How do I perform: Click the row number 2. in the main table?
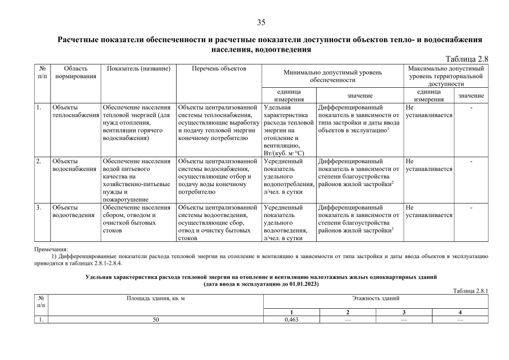coord(39,161)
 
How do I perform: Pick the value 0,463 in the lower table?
coord(291,319)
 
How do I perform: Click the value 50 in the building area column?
coord(156,319)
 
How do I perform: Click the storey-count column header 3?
coord(403,312)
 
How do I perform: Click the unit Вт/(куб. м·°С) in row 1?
coord(285,152)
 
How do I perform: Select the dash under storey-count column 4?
coord(460,319)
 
